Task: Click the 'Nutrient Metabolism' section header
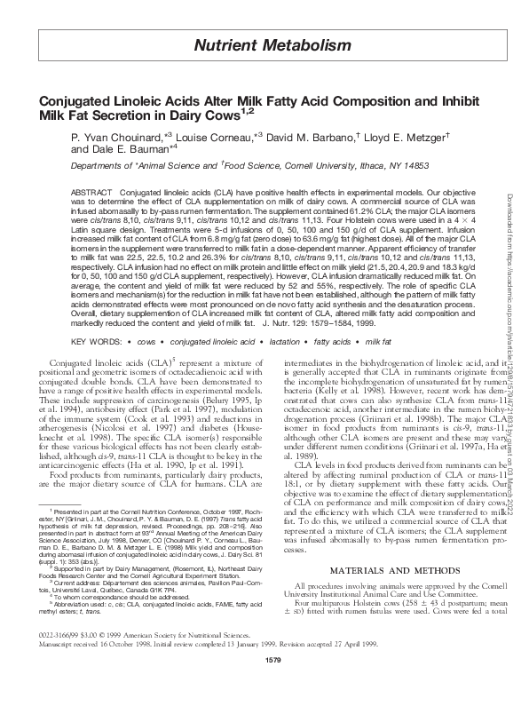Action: tap(265, 44)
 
